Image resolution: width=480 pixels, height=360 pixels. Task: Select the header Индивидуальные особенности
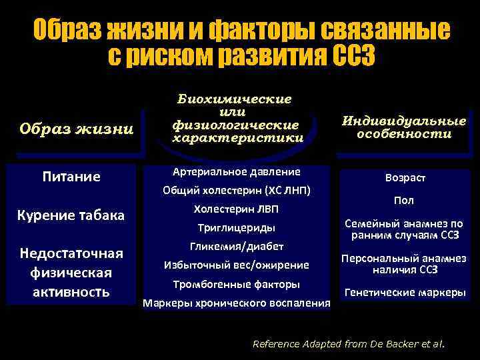click(403, 127)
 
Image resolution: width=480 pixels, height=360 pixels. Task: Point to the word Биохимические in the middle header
click(234, 99)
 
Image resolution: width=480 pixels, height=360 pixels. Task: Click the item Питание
click(71, 177)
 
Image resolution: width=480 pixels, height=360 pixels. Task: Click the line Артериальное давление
click(236, 171)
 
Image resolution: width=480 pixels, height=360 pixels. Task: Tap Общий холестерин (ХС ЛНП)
click(237, 190)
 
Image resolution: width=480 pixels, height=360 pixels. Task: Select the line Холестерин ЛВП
click(236, 209)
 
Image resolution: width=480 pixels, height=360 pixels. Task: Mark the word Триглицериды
click(236, 227)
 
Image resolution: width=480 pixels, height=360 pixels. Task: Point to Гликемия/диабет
click(236, 246)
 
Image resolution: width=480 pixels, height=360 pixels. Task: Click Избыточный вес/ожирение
click(236, 265)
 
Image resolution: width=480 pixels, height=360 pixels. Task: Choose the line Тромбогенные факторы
click(236, 284)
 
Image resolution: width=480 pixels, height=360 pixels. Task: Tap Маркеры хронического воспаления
click(236, 303)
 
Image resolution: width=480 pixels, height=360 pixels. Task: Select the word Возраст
click(405, 178)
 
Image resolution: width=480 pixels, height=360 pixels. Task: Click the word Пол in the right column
click(404, 200)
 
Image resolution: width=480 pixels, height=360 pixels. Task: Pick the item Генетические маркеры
click(404, 292)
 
